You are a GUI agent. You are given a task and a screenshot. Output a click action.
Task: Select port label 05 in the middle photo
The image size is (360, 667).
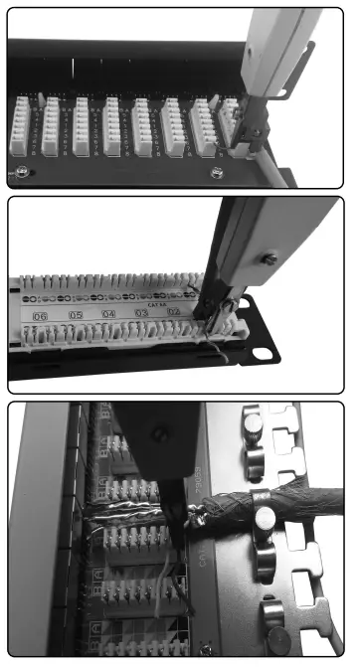coord(76,315)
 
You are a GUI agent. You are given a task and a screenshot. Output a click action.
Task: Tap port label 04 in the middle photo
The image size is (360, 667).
coord(109,314)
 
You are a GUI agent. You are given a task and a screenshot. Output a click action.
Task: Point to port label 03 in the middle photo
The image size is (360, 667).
coord(142,313)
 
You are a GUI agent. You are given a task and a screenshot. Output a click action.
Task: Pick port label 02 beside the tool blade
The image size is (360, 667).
coord(173,312)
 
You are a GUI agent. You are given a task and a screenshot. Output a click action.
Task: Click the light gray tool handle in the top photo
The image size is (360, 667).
coord(288,50)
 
